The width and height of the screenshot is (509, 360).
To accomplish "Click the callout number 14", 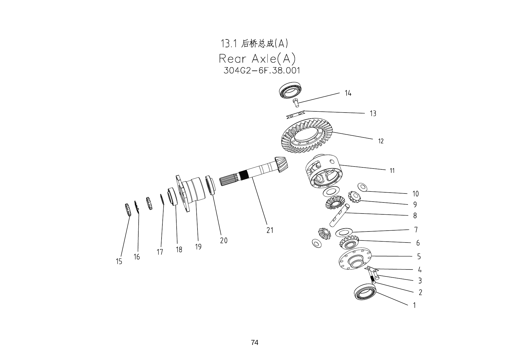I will (348, 93).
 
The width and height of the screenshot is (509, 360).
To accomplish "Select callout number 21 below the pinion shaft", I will (270, 230).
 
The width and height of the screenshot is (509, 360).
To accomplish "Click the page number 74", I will (254, 343).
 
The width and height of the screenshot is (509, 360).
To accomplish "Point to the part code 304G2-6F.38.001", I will (262, 70).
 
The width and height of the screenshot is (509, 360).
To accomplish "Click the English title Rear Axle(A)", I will (257, 59).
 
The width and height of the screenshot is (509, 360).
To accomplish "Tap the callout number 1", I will (414, 305).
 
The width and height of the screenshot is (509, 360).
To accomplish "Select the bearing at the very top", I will (291, 90).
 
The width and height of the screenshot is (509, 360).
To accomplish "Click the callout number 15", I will (119, 262).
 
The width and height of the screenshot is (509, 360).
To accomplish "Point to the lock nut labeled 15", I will (127, 210).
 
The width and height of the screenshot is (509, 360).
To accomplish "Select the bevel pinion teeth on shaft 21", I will (280, 164).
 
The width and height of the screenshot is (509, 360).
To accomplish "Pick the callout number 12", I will (381, 141).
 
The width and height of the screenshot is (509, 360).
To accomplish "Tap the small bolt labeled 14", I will (295, 102).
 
